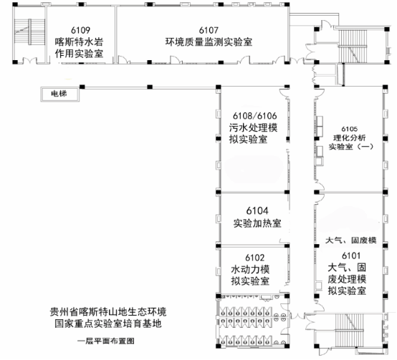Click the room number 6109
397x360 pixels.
[80, 30]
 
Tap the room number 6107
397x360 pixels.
[209, 30]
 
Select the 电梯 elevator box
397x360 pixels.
[59, 94]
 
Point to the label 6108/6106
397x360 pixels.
[254, 116]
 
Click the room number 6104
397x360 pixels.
[257, 211]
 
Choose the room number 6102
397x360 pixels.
[254, 258]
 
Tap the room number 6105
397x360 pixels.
[350, 129]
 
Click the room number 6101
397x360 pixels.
[351, 256]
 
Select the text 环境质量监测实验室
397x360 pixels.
[209, 42]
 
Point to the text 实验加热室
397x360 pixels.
[257, 223]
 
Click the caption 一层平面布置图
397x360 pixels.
[106, 341]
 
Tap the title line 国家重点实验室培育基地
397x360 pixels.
[108, 323]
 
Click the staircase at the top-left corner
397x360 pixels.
[30, 31]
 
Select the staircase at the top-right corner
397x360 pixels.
[352, 46]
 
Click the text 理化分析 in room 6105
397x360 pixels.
[350, 138]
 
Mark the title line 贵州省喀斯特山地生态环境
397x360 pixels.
[108, 312]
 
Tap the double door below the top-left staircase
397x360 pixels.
[30, 61]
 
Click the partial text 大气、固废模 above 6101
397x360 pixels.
[351, 240]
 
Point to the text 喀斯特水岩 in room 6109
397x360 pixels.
[80, 42]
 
